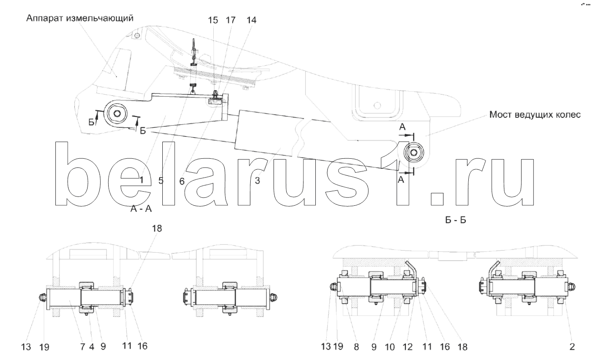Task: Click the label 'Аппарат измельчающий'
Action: click(80, 18)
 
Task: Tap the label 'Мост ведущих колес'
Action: click(535, 115)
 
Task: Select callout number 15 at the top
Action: click(213, 20)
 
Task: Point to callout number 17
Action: click(230, 20)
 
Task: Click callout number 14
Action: click(252, 20)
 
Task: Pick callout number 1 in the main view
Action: click(142, 180)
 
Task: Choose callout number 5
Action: click(161, 181)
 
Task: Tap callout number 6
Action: click(182, 181)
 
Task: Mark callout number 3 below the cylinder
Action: click(257, 181)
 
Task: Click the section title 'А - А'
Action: click(141, 209)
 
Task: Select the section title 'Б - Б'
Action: click(456, 220)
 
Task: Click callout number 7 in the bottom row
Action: click(83, 347)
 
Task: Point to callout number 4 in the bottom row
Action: click(91, 347)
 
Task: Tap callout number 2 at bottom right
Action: click(572, 346)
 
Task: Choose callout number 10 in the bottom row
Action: click(390, 347)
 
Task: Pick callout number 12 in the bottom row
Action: click(408, 347)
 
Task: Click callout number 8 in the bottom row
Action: click(357, 347)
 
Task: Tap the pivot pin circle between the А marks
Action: click(414, 153)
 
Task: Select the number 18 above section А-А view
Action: click(157, 229)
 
